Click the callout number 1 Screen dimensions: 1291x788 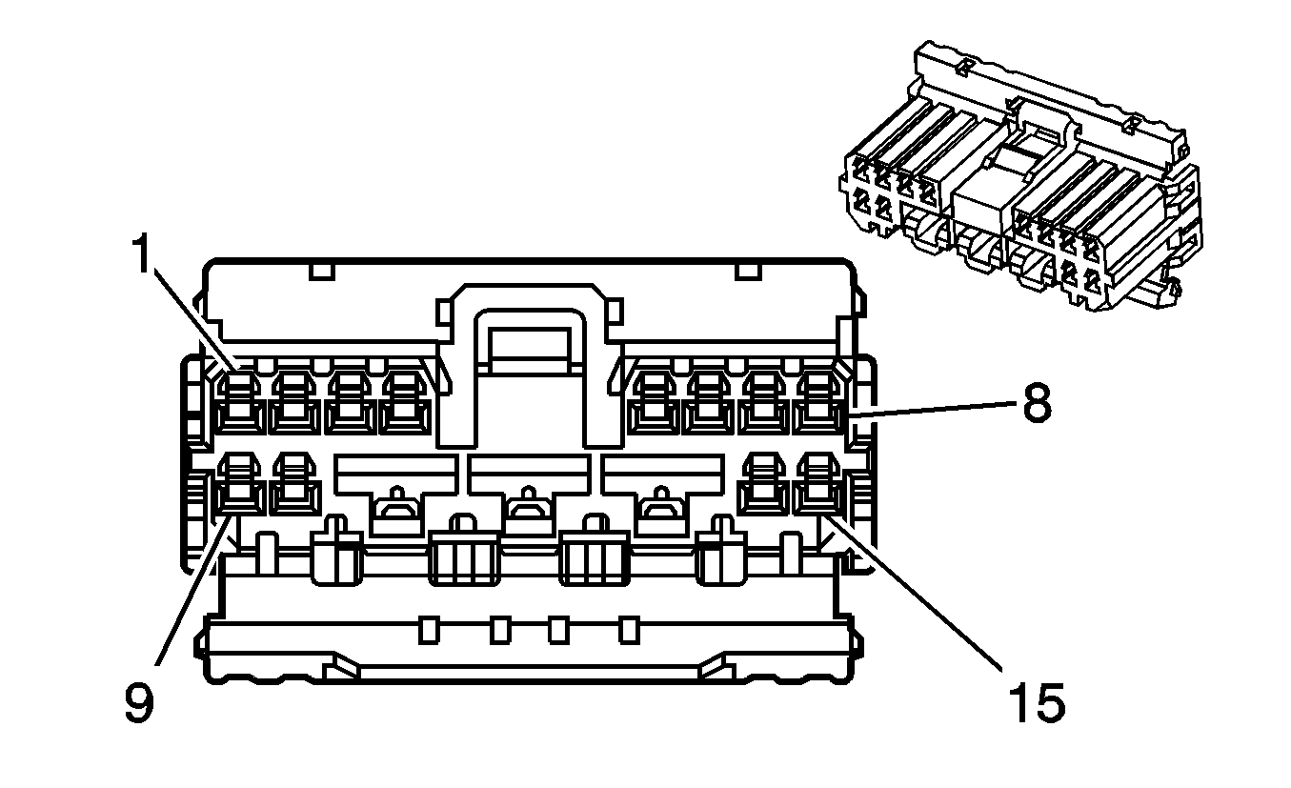tap(142, 253)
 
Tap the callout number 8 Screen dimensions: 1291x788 tap(1038, 403)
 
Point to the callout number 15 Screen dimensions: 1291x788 tap(1037, 702)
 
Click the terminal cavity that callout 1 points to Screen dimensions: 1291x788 tap(241, 402)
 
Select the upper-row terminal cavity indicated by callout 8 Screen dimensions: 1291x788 tap(818, 402)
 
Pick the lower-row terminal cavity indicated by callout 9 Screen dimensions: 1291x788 tap(241, 484)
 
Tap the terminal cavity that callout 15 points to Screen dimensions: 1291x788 tap(818, 484)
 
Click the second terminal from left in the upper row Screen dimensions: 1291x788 tap(294, 402)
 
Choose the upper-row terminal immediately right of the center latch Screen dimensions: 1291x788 tap(655, 402)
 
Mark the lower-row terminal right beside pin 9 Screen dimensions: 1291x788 tap(294, 484)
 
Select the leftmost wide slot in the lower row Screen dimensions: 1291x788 tap(396, 495)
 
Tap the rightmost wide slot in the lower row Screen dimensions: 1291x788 tap(663, 495)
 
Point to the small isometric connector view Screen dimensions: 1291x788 tap(1020, 176)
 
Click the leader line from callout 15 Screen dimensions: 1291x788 tap(916, 592)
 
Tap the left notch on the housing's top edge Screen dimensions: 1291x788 tap(322, 272)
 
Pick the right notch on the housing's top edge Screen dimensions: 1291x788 tap(749, 272)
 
